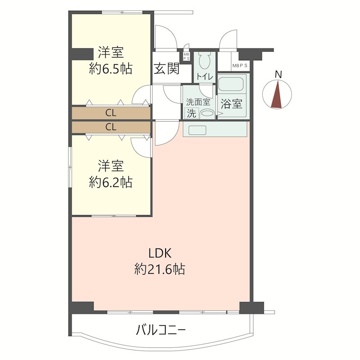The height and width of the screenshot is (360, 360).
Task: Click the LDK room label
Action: click(160, 253)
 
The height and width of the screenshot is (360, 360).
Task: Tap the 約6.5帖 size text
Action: click(111, 68)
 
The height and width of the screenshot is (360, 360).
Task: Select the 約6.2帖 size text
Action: click(111, 182)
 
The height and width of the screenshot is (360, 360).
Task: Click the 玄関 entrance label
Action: click(166, 68)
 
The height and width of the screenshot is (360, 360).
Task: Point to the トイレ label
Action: click(205, 77)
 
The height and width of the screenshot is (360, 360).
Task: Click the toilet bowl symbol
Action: click(205, 60)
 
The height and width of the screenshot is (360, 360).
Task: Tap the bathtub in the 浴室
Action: click(232, 84)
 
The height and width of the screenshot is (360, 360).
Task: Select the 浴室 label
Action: click(231, 104)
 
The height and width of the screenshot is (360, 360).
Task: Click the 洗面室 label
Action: click(198, 102)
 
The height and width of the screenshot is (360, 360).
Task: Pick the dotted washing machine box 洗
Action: click(192, 113)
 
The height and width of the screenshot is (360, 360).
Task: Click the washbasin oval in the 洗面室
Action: click(207, 114)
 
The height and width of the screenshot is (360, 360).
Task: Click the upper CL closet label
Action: click(111, 113)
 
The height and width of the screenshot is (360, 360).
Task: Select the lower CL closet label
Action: click(111, 127)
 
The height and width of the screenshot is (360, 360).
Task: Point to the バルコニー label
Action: click(161, 331)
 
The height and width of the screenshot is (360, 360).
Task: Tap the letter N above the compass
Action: click(279, 74)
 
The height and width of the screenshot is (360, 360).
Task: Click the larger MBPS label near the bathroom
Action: click(240, 66)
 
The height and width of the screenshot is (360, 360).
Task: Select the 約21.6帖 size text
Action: click(160, 269)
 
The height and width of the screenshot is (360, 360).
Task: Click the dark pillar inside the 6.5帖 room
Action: click(83, 54)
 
